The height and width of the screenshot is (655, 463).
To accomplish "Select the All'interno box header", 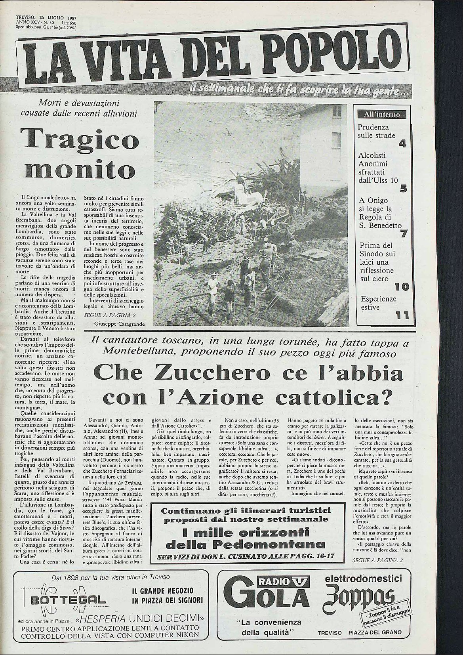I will pyautogui.click(x=379, y=115).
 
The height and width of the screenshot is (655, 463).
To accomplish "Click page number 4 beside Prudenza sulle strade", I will pyautogui.click(x=402, y=143).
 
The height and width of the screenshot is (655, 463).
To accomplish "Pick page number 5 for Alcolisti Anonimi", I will pyautogui.click(x=403, y=189).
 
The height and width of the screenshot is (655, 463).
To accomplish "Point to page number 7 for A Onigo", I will pyautogui.click(x=404, y=234).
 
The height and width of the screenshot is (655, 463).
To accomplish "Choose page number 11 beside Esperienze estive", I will pyautogui.click(x=402, y=316).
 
